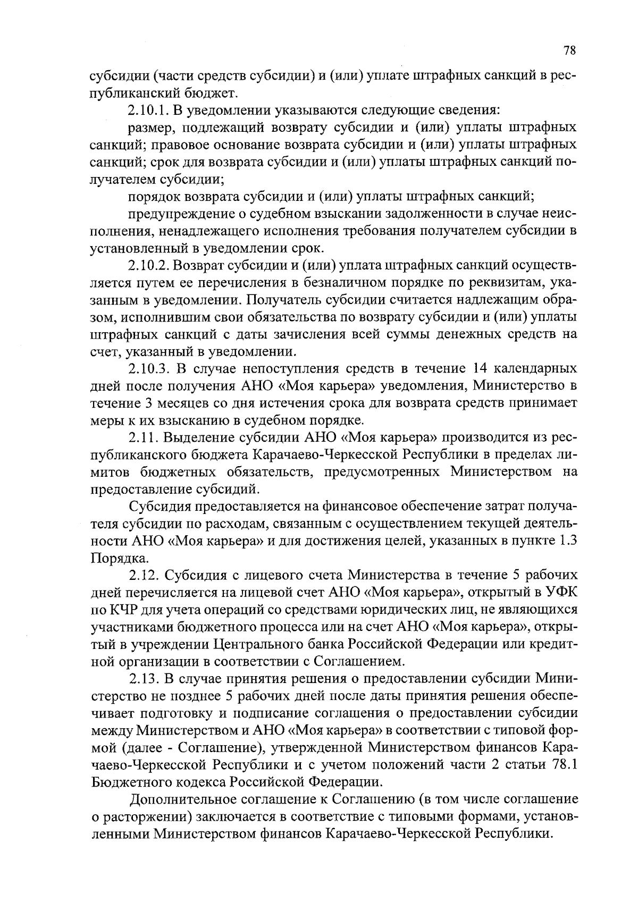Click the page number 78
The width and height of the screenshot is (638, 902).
coord(569,51)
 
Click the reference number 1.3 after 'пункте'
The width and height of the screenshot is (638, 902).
coord(565,541)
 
